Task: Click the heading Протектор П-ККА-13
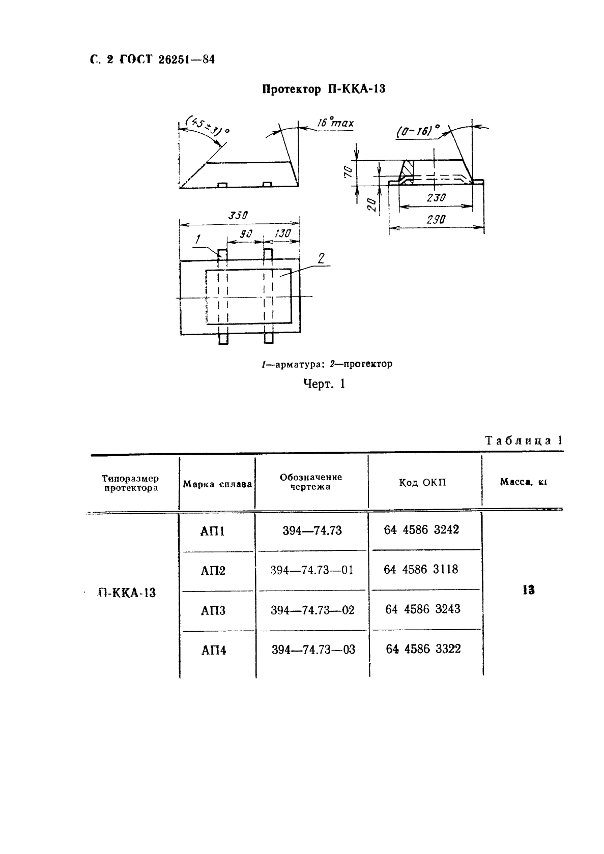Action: click(x=324, y=90)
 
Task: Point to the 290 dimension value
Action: click(x=436, y=220)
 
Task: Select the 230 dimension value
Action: click(x=436, y=198)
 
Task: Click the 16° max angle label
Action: click(x=335, y=123)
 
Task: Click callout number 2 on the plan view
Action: click(x=321, y=258)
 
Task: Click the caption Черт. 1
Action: click(x=324, y=384)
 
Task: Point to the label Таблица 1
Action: click(x=524, y=440)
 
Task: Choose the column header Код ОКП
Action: click(x=422, y=482)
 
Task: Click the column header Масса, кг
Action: click(x=523, y=482)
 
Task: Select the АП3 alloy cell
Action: click(x=213, y=610)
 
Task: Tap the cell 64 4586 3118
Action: click(x=421, y=569)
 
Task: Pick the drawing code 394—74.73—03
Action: click(x=313, y=650)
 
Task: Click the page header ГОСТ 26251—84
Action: click(x=167, y=60)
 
